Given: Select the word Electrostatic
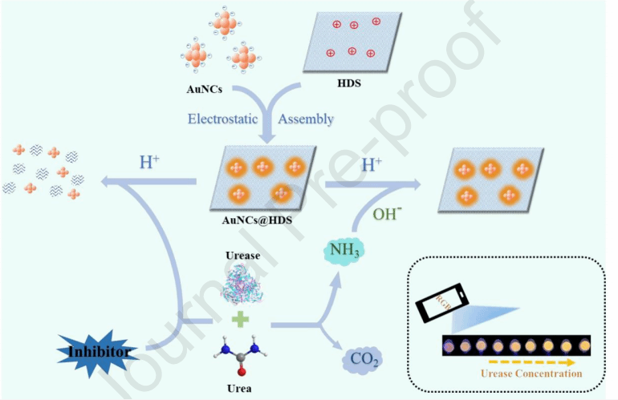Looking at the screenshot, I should pos(223,119).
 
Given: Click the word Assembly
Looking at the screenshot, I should pos(306,119).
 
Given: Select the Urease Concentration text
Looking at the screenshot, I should pos(531,374).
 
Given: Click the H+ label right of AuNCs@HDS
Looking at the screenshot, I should pos(372,165).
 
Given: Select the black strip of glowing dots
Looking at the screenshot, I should pos(514,345).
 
